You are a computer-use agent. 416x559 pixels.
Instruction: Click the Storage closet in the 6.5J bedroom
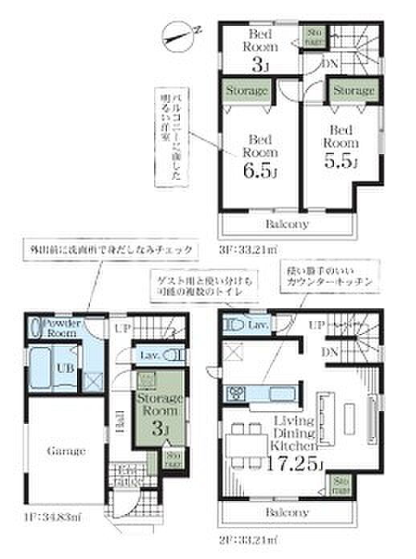[x=247, y=91]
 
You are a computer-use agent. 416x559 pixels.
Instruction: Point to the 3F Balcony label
[x=285, y=224]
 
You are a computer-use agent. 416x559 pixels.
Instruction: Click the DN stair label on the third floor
[x=329, y=64]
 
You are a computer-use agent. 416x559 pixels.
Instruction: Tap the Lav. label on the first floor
[x=149, y=354]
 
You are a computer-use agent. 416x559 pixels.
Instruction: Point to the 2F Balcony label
[x=285, y=512]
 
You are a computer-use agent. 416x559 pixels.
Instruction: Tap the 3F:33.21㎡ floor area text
[x=248, y=247]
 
